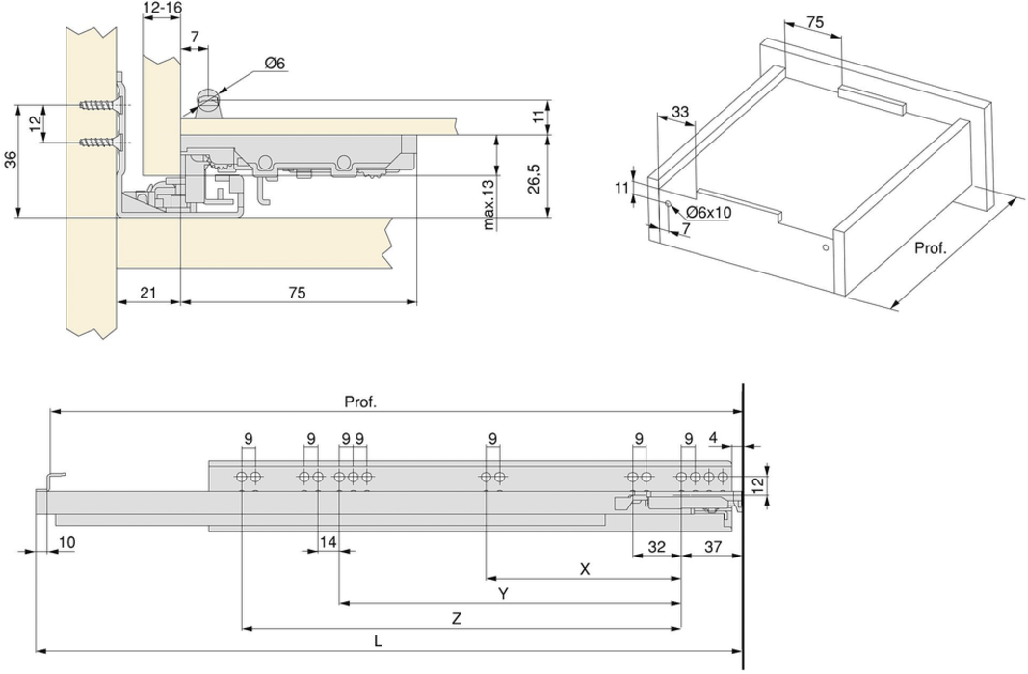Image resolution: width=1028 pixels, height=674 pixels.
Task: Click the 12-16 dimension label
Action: point(161,9)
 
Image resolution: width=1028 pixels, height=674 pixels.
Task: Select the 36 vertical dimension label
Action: point(10,161)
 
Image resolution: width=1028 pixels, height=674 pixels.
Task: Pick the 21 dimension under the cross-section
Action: point(149,291)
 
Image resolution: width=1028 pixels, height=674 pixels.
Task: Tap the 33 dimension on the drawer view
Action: point(680,112)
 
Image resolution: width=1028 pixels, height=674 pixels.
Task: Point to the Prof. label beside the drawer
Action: point(931,248)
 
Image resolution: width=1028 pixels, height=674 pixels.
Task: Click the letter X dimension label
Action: point(584,568)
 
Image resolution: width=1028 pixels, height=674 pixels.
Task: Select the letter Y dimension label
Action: point(503,593)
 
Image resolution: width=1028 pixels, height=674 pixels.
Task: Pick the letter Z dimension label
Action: point(457,619)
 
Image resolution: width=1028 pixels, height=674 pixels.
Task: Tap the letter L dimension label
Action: point(378,639)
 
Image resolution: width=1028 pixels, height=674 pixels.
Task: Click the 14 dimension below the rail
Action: point(329,543)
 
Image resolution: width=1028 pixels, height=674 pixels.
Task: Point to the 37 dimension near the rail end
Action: point(713,547)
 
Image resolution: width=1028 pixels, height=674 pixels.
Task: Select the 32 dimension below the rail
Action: point(657,547)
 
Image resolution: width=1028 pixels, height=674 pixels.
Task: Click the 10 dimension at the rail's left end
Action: point(66,543)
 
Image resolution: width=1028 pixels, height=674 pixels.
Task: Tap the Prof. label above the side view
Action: point(360,402)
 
